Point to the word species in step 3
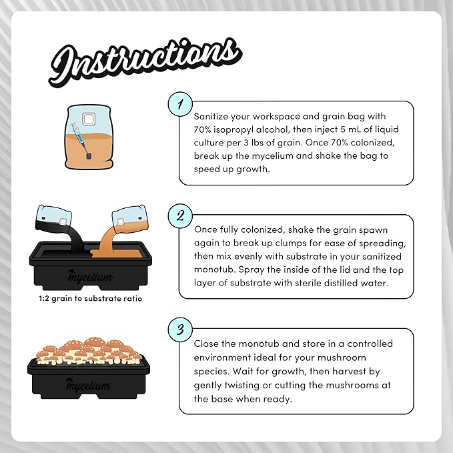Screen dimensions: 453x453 click(213, 373)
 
